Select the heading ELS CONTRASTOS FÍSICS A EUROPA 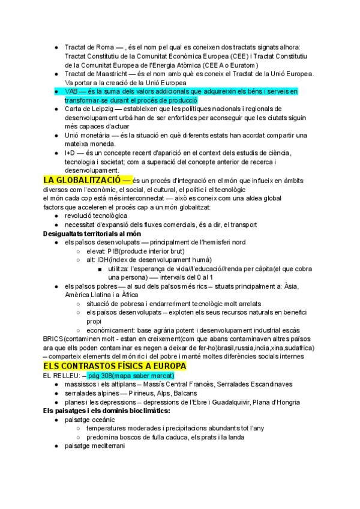[x=115, y=366]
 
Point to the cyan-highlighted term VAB [x=71, y=91]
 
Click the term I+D [x=70, y=154]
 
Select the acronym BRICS [x=53, y=339]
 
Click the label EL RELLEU [x=61, y=375]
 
